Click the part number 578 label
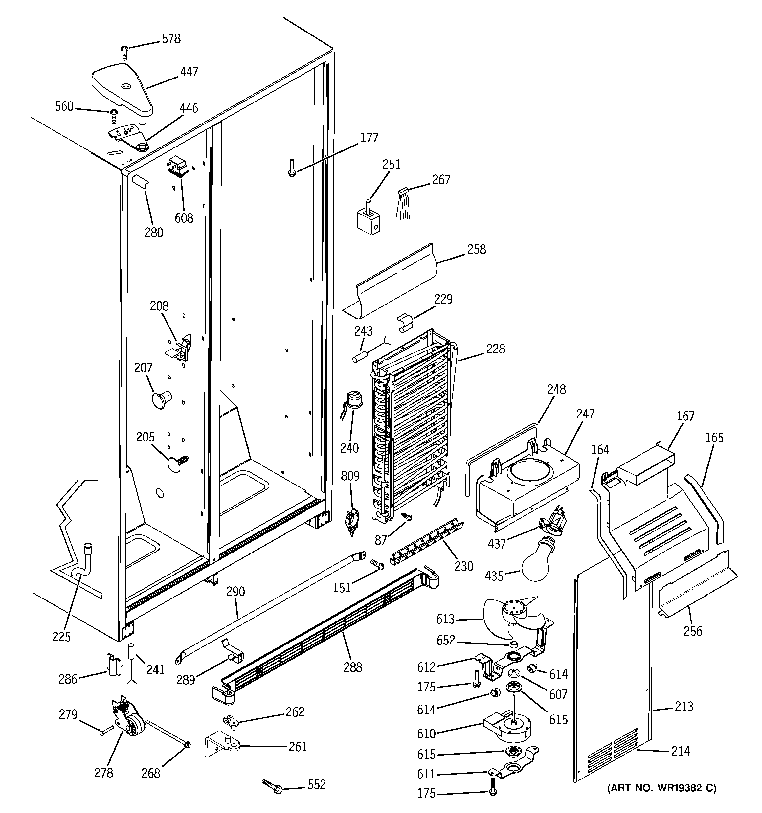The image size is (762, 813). pos(171,39)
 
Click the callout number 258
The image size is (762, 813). pos(476,249)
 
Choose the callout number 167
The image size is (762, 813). pos(685,416)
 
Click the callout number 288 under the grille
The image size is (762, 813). pos(352,667)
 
